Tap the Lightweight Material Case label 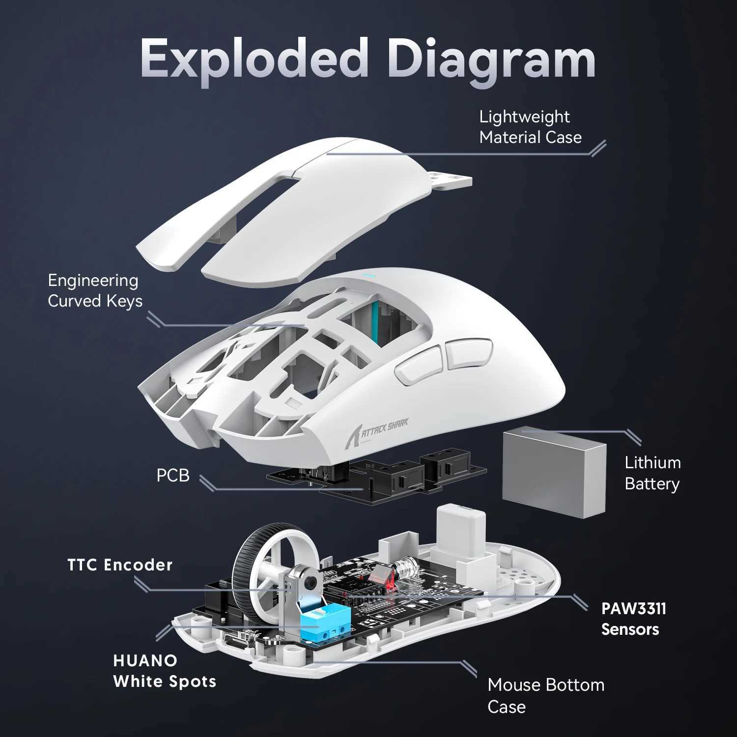(530, 127)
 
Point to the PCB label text (172, 476)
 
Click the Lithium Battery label (652, 473)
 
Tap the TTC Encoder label (120, 565)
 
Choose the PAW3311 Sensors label (633, 619)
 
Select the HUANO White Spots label (164, 671)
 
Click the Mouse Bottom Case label (545, 695)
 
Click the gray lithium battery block (554, 472)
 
